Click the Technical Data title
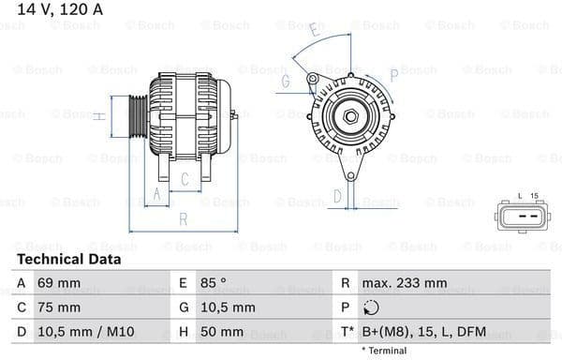[x=68, y=259]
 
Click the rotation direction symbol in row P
[x=371, y=307]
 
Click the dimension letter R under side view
[x=184, y=218]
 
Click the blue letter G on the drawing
[x=285, y=81]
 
